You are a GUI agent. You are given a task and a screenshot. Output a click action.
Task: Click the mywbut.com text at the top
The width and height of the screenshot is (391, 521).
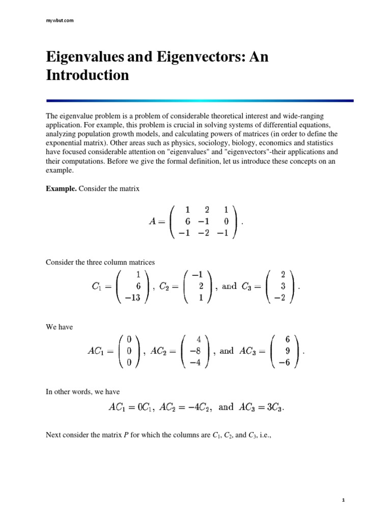[60, 20]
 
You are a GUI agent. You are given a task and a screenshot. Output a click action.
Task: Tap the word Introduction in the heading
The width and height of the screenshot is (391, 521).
[87, 75]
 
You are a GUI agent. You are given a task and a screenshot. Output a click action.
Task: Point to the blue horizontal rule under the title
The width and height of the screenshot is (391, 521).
[200, 101]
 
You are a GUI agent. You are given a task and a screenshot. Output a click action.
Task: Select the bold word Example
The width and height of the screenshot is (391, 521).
[61, 189]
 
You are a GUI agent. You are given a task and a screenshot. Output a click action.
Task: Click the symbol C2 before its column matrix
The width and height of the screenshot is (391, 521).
[163, 286]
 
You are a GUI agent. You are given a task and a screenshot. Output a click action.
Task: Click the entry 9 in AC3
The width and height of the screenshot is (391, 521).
[288, 351]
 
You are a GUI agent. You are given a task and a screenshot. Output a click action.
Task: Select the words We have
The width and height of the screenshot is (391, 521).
[59, 327]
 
